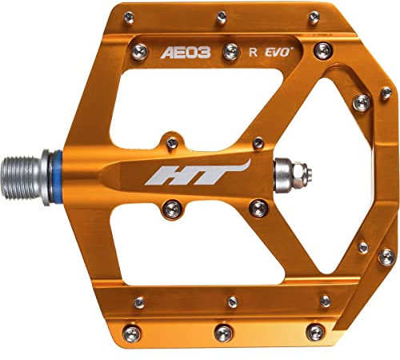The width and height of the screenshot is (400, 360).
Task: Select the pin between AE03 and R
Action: click(231, 52)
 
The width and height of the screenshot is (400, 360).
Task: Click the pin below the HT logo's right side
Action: click(258, 209)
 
